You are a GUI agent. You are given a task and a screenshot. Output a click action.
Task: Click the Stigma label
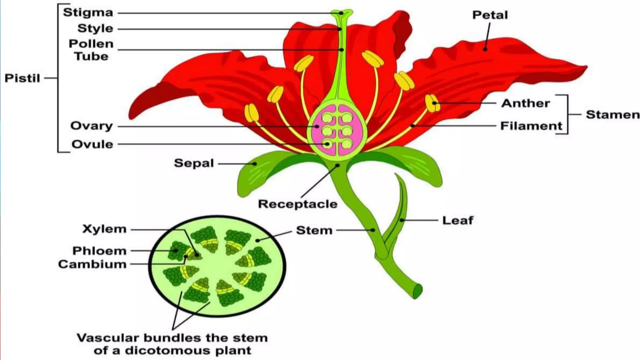click(x=88, y=12)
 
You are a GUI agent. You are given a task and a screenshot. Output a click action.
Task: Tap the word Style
click(x=95, y=28)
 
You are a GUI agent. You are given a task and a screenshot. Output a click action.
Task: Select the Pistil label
click(x=22, y=78)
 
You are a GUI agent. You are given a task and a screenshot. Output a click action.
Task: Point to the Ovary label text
click(x=91, y=126)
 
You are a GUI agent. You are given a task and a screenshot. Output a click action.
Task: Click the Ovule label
click(x=92, y=144)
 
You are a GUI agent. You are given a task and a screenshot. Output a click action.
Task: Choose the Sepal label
click(x=194, y=163)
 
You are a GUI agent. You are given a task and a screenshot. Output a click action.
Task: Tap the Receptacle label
click(x=297, y=204)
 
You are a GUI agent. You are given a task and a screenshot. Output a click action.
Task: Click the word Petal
click(x=490, y=15)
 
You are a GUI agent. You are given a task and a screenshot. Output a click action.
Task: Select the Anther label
click(x=525, y=103)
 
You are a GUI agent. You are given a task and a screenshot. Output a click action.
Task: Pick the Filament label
click(x=531, y=126)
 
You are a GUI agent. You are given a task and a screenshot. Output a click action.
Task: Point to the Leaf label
click(x=457, y=220)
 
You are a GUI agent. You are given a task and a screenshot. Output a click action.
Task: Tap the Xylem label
click(x=104, y=229)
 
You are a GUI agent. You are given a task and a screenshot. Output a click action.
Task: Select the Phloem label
click(x=99, y=251)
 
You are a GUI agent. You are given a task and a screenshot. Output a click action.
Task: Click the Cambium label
click(x=92, y=264)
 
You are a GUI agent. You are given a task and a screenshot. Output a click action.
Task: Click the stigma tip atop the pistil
click(x=342, y=13)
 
